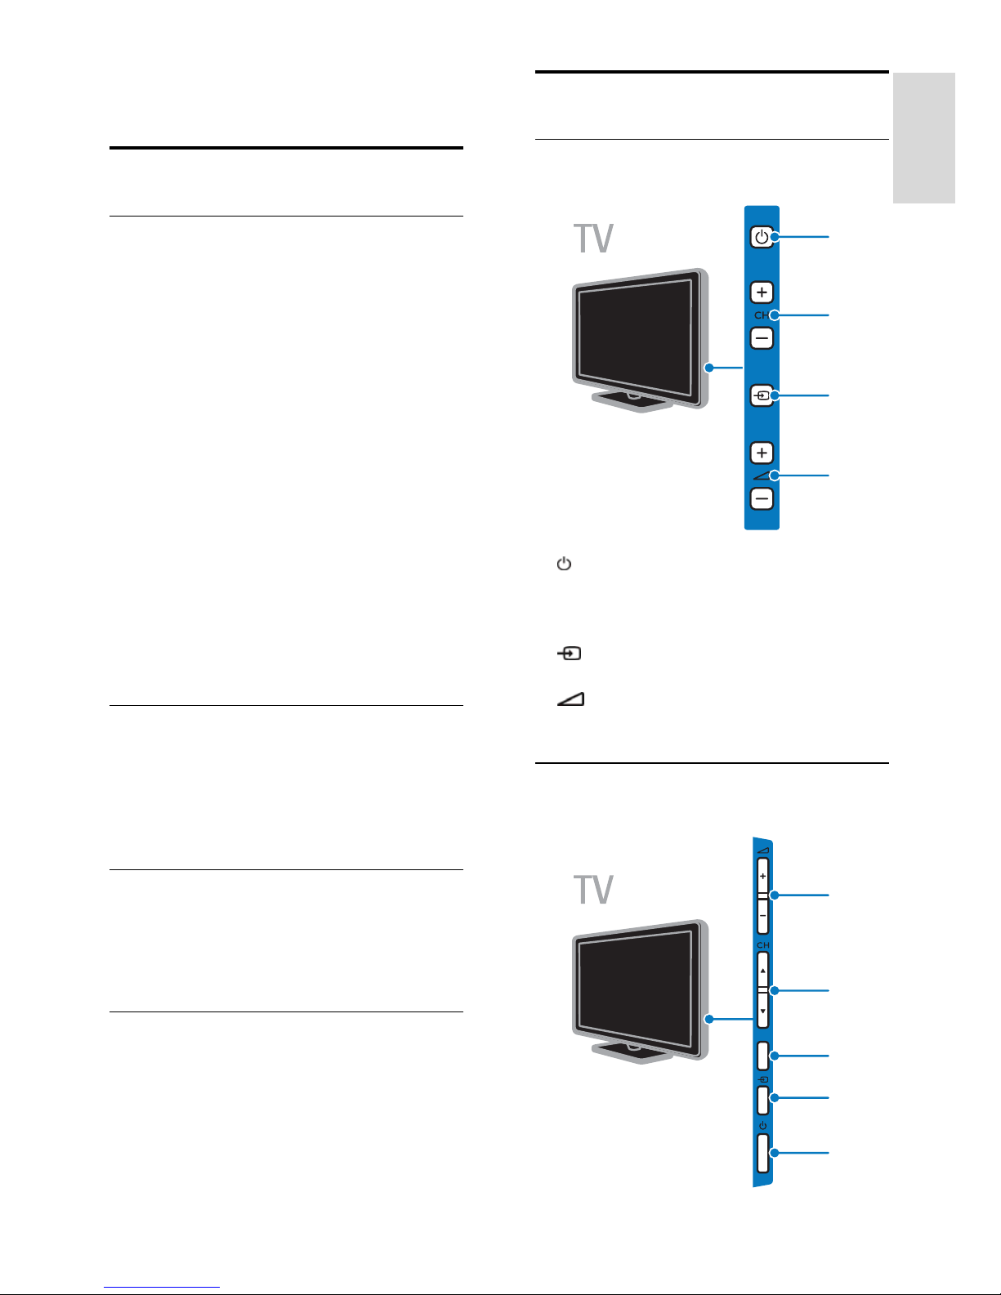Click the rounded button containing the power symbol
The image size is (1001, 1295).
tap(762, 237)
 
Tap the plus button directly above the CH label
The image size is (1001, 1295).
tap(762, 292)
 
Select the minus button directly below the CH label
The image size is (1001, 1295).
tap(762, 337)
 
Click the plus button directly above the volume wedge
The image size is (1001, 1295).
tap(762, 453)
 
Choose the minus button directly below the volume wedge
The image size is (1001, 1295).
tap(762, 498)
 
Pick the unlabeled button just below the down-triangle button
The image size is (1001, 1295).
tap(762, 1056)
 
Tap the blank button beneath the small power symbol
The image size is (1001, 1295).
tap(762, 1154)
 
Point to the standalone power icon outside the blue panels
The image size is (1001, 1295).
tap(564, 564)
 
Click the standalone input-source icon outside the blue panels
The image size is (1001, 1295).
tap(570, 654)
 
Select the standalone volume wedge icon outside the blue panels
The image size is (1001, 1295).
tap(571, 699)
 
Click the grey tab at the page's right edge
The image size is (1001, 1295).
tap(923, 137)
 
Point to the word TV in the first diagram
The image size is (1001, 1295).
tap(594, 239)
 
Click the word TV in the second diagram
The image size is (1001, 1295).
tap(594, 890)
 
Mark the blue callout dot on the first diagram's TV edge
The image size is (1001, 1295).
tap(709, 368)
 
